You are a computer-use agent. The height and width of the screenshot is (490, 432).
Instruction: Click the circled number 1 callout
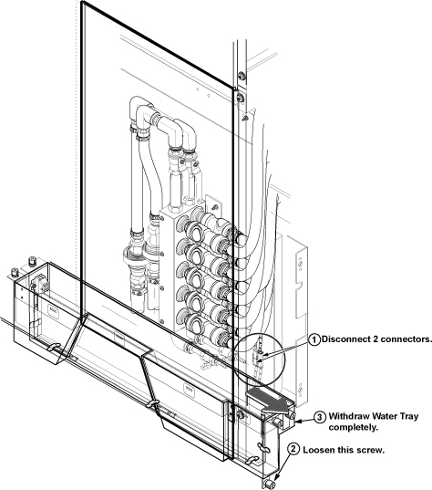(x=314, y=339)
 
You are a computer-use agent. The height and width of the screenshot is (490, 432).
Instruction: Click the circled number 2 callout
(x=293, y=449)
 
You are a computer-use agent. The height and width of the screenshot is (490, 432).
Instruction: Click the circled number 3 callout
(x=320, y=417)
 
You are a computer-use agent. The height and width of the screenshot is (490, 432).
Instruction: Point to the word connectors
(x=406, y=339)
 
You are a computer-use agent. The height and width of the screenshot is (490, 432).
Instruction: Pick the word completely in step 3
(x=353, y=428)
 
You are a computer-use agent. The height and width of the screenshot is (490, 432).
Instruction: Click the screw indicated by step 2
(x=270, y=485)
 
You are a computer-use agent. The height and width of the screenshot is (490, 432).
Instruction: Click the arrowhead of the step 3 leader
(x=297, y=422)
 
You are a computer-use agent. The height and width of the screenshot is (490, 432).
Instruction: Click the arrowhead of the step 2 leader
(x=276, y=478)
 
